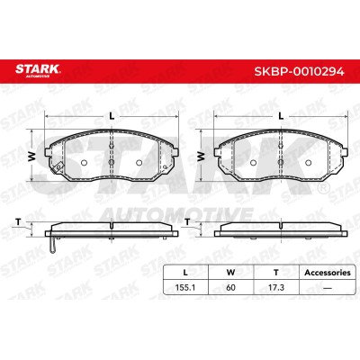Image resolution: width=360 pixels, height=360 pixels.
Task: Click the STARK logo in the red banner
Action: (x=38, y=70)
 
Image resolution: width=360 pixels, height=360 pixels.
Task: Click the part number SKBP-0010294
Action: (x=299, y=72)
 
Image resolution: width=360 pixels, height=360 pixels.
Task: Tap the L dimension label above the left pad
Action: (x=112, y=116)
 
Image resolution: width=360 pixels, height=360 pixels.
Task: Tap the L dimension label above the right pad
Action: (x=281, y=116)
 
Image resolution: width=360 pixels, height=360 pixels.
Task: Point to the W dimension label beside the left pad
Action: (x=32, y=156)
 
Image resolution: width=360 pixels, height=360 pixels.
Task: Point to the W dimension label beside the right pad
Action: (x=202, y=156)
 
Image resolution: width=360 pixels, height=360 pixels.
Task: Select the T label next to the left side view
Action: (x=18, y=222)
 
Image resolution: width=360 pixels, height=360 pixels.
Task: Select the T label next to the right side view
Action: (x=187, y=222)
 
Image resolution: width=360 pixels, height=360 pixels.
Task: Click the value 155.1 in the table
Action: (x=185, y=287)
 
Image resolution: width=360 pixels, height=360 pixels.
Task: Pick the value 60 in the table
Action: (x=230, y=287)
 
